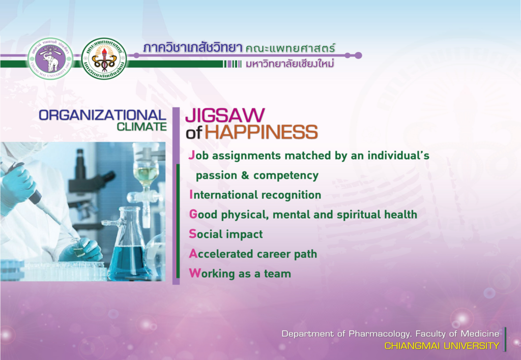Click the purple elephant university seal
(x=50, y=58)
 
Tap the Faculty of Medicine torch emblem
(x=104, y=58)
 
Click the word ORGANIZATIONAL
(x=102, y=115)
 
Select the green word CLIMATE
(x=141, y=127)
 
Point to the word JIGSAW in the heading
(x=225, y=115)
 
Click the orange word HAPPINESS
(x=261, y=132)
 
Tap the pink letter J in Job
(x=191, y=156)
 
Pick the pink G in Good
(x=193, y=214)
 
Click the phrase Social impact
(x=226, y=234)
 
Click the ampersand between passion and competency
(x=245, y=175)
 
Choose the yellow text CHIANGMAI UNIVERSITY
(x=442, y=346)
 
